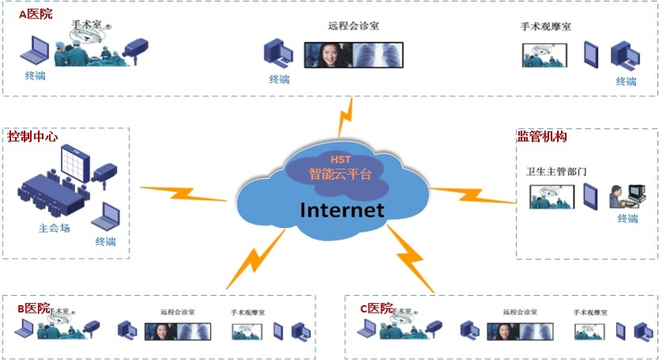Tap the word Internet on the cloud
(342, 210)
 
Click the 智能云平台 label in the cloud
(339, 174)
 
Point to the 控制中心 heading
(32, 136)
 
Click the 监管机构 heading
(542, 137)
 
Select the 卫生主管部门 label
(557, 171)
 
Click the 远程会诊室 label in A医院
(354, 26)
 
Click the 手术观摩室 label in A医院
(546, 27)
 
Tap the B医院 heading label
(33, 308)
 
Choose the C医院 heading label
(376, 308)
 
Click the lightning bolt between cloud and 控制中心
(184, 192)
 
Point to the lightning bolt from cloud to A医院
(346, 117)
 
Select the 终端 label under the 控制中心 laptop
(105, 242)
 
